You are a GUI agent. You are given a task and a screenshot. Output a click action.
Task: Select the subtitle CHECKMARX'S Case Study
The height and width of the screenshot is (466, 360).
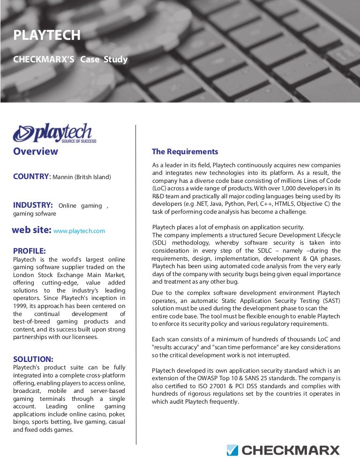click(x=70, y=60)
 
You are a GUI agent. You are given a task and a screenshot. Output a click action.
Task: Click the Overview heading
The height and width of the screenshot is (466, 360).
click(x=36, y=151)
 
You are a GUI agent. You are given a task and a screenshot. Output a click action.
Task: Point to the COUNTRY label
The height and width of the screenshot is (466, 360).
click(x=31, y=176)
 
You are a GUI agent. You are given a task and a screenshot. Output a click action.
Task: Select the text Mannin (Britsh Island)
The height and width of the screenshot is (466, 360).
click(x=82, y=177)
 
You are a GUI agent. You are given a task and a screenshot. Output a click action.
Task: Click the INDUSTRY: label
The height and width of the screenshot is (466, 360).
click(x=32, y=205)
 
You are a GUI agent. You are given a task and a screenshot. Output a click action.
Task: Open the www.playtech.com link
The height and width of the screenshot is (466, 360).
click(x=79, y=231)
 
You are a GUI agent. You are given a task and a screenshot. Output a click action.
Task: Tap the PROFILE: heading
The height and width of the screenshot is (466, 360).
click(x=29, y=250)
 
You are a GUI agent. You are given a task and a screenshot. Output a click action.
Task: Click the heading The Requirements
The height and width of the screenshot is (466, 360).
click(x=185, y=151)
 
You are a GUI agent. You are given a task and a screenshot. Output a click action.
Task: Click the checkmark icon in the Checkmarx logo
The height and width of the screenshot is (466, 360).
click(x=232, y=451)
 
